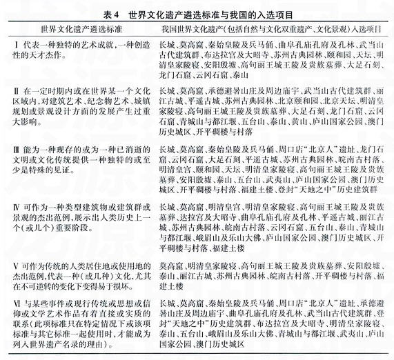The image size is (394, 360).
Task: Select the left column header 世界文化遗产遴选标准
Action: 86,31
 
